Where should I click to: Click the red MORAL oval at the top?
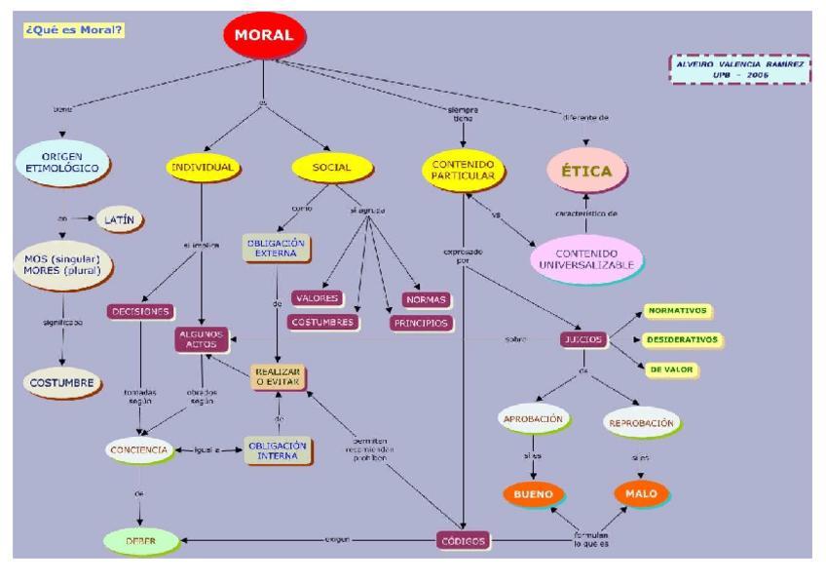(x=263, y=35)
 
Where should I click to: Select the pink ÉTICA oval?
(x=586, y=171)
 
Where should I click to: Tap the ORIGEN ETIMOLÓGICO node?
(x=62, y=162)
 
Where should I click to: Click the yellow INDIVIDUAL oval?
(x=202, y=168)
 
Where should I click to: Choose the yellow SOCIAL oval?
(x=332, y=168)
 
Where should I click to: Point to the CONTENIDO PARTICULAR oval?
(x=463, y=170)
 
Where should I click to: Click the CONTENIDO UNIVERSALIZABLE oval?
(x=587, y=257)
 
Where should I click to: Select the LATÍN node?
(x=120, y=220)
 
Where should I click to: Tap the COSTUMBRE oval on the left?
(x=61, y=382)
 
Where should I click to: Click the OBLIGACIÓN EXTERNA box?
(x=276, y=248)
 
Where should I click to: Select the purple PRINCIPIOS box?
(x=421, y=323)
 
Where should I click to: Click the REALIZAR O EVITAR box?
(x=278, y=377)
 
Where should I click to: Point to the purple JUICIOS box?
(x=583, y=340)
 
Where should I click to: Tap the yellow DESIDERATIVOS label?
(x=682, y=340)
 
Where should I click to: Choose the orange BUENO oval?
(x=533, y=494)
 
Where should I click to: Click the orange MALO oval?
(x=641, y=493)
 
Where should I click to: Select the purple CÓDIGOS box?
(x=462, y=540)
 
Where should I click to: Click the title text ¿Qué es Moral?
(x=74, y=30)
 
